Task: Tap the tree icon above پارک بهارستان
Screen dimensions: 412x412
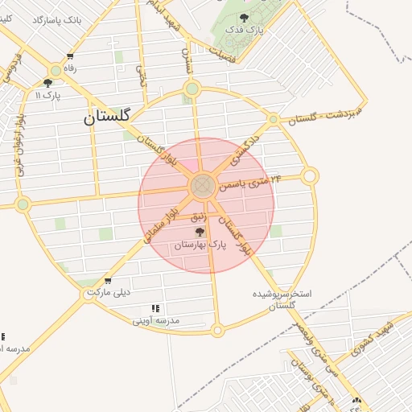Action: (200, 231)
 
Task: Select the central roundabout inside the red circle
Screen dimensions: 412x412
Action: (202, 187)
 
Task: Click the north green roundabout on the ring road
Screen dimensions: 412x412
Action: (192, 89)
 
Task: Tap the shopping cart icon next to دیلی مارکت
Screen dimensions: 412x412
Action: (108, 281)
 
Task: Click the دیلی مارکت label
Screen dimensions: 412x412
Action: (112, 292)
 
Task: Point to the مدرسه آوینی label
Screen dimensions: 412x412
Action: (157, 320)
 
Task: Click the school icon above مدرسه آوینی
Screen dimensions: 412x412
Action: (155, 308)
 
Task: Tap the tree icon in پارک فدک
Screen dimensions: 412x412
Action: (244, 17)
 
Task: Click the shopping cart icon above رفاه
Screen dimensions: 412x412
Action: (70, 56)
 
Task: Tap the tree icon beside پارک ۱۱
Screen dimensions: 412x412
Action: (47, 83)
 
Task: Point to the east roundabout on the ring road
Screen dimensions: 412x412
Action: (310, 175)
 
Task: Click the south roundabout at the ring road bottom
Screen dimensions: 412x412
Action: (216, 330)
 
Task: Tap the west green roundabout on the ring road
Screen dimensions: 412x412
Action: (23, 204)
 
